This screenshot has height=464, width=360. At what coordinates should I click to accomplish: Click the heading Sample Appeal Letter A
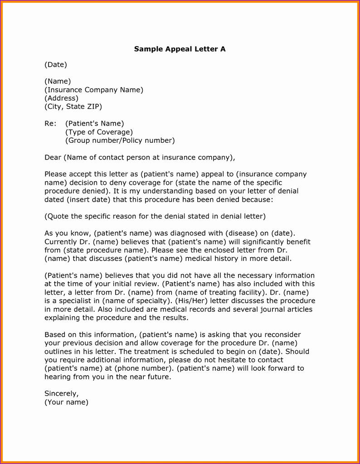tap(180, 49)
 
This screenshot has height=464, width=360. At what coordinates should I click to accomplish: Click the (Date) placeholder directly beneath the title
tap(56, 65)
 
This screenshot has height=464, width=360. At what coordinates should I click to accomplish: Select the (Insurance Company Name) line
tap(94, 90)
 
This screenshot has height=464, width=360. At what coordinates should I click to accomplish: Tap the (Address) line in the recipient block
tap(61, 98)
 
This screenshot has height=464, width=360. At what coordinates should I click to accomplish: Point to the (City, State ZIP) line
tap(73, 107)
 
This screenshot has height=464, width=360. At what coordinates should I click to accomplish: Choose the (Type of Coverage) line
tap(99, 132)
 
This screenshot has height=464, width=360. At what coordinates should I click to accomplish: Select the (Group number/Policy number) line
tap(120, 140)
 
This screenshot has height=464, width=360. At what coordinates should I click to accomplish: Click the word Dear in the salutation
tap(53, 158)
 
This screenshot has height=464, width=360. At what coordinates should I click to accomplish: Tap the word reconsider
tap(278, 335)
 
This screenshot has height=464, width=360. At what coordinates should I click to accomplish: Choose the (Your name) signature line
tap(66, 402)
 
